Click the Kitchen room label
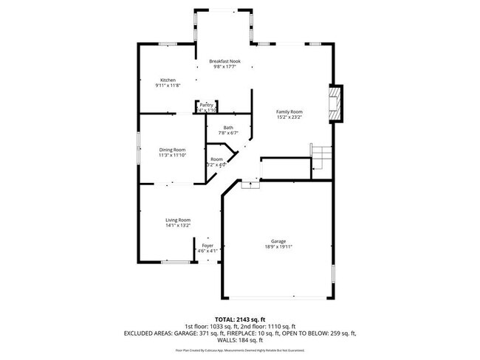(168, 80)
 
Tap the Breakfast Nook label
(224, 61)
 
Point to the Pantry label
(207, 105)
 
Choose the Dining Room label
(172, 150)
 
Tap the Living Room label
(178, 220)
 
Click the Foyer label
(208, 246)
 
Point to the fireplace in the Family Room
(336, 104)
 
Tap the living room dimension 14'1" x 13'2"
(178, 226)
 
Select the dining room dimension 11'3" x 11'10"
(172, 156)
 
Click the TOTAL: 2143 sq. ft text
(239, 319)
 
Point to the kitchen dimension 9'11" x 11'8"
(168, 86)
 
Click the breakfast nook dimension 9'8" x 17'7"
(224, 67)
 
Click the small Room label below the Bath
(216, 159)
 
